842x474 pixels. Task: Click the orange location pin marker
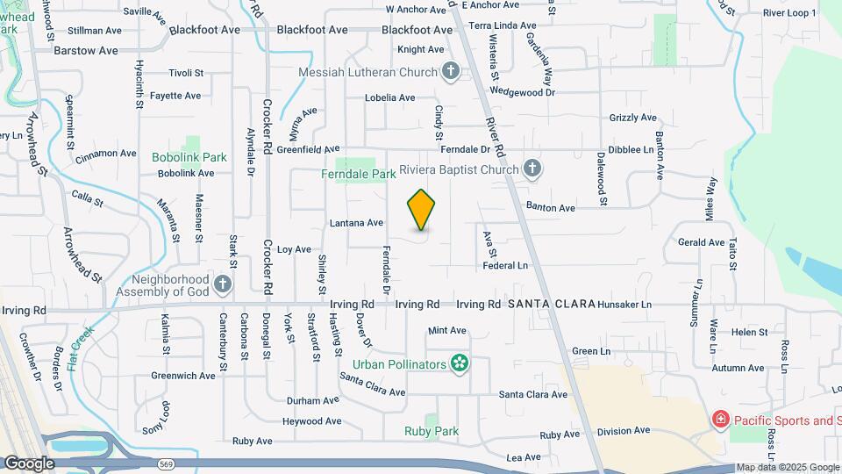click(x=421, y=210)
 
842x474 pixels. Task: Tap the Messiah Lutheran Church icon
click(x=451, y=72)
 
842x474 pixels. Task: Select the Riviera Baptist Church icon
click(x=532, y=169)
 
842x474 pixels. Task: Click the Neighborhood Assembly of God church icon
click(x=223, y=283)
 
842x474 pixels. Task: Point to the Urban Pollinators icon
click(x=458, y=363)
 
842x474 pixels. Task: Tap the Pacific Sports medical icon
click(x=721, y=420)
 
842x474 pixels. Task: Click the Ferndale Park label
click(x=359, y=175)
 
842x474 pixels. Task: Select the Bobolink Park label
click(x=189, y=158)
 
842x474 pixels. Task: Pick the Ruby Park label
click(x=432, y=431)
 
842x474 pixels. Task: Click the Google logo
click(x=29, y=463)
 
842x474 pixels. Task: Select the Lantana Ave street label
click(x=357, y=223)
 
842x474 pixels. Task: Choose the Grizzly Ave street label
click(x=632, y=118)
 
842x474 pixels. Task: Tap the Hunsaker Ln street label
click(x=624, y=305)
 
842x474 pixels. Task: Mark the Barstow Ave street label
click(x=85, y=51)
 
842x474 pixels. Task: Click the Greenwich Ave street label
click(x=182, y=376)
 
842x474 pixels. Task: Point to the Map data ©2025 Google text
click(x=788, y=468)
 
